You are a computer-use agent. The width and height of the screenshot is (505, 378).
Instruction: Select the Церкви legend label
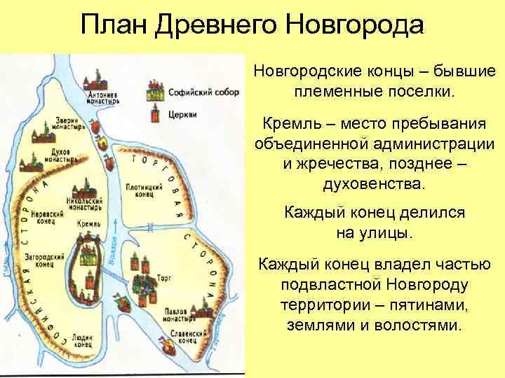tap(179, 114)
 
